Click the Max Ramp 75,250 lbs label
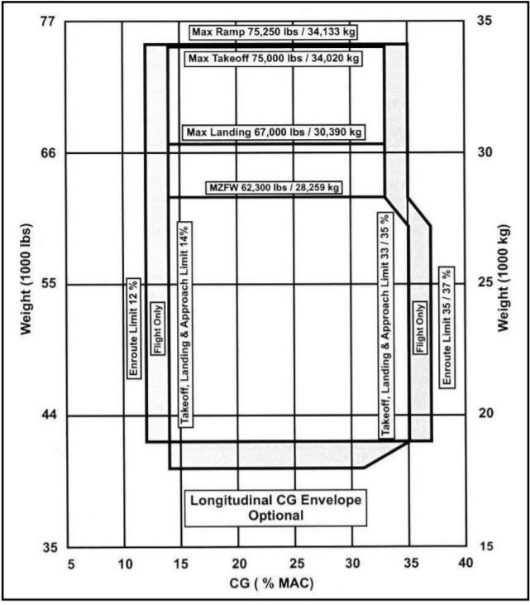[273, 33]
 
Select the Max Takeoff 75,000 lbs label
[273, 59]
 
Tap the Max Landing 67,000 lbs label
[274, 132]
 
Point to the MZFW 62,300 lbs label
[274, 188]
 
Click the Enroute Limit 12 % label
[132, 328]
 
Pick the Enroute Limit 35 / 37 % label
[446, 328]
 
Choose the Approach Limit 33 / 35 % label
[385, 329]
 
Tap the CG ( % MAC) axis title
[266, 583]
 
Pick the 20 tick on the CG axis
[238, 564]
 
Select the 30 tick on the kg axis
[485, 152]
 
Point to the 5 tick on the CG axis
[71, 564]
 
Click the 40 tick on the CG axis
[465, 564]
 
